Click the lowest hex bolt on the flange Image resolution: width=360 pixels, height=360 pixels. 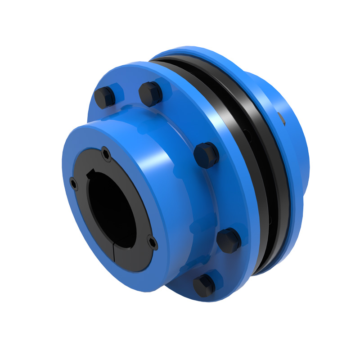click(204, 284)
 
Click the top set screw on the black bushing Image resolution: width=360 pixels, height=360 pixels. click(106, 154)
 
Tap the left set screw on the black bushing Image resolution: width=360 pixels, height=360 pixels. click(73, 184)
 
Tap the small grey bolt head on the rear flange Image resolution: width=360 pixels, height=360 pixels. click(281, 118)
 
